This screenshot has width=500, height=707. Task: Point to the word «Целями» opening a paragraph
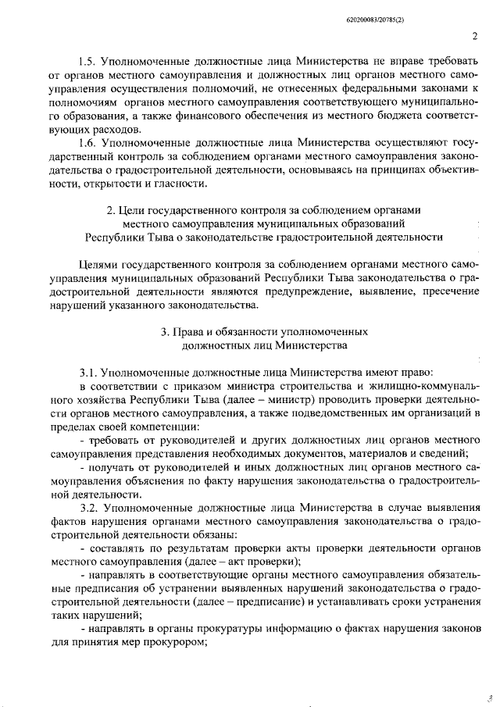(98, 264)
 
